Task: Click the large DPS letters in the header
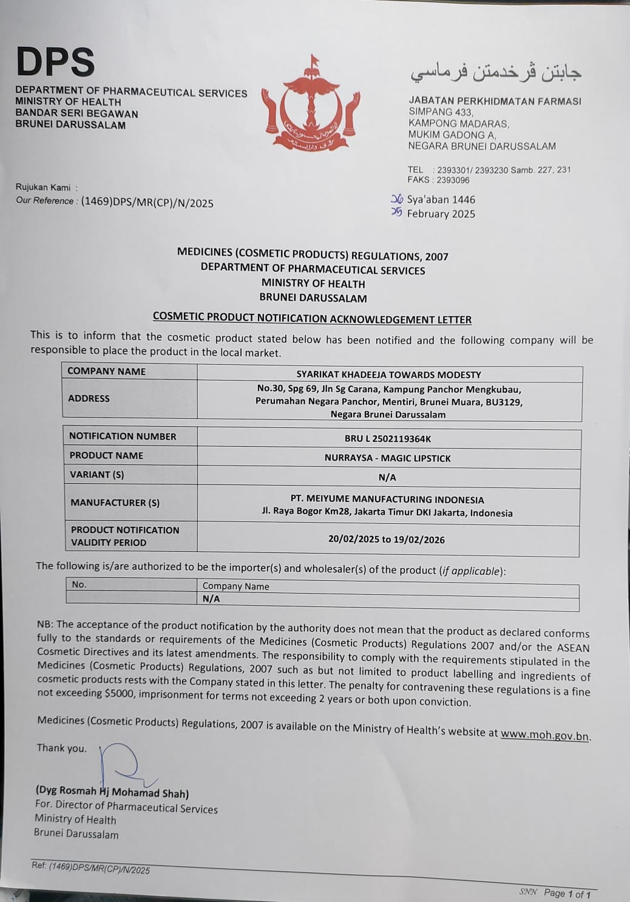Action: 55,62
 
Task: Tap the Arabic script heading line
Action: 496,72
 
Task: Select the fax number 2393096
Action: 453,180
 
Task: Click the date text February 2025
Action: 441,214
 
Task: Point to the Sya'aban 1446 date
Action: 441,199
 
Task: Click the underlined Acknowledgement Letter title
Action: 312,318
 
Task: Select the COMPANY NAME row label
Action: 106,371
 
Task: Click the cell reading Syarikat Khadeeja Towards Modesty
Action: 388,375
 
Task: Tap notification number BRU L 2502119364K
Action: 387,438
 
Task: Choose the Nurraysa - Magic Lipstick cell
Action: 387,458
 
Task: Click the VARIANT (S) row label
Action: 97,475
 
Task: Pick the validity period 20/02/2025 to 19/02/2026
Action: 386,539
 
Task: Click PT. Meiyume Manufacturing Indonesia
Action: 387,500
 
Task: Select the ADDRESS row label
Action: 89,398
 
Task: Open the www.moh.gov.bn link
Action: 544,735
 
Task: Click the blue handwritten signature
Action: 124,766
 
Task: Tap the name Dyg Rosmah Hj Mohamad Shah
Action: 112,792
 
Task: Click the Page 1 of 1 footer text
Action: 567,893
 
